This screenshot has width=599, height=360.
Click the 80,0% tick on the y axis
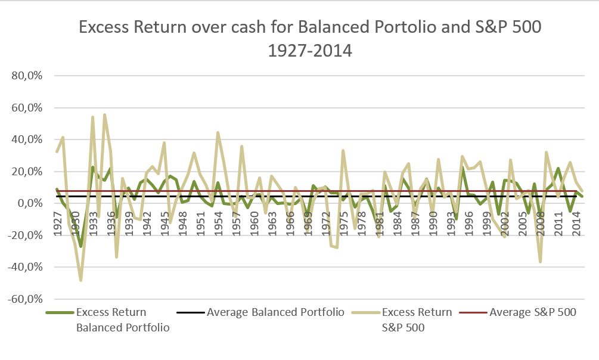(x=34, y=76)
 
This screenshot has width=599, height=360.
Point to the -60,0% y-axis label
(x=32, y=299)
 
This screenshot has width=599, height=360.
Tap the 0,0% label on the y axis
(x=36, y=203)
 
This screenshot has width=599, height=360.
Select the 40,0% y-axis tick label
(x=34, y=140)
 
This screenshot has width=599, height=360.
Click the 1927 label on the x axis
(x=57, y=222)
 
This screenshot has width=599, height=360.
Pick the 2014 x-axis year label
(x=577, y=222)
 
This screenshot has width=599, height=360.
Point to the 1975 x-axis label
(x=344, y=222)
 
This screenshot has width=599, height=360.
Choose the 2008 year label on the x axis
(x=541, y=222)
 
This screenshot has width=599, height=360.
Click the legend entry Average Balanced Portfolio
(x=275, y=312)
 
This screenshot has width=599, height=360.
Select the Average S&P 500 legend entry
(x=532, y=312)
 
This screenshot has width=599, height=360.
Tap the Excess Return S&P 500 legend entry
(x=417, y=319)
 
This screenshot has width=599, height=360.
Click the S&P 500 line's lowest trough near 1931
(x=80, y=280)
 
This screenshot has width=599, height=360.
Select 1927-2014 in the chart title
(x=311, y=51)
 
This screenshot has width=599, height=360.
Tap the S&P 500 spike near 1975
(x=343, y=150)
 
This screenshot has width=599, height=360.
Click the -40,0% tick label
(x=32, y=267)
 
